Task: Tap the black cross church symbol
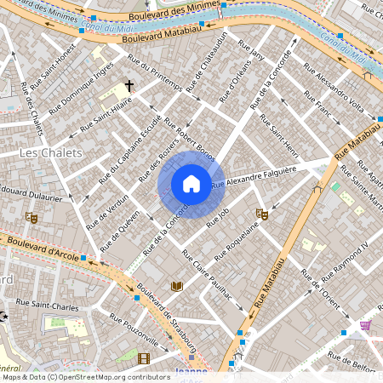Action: click(x=130, y=86)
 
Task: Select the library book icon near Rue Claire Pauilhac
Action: click(x=177, y=286)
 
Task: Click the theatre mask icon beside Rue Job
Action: click(x=261, y=214)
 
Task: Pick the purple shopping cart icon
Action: click(x=365, y=325)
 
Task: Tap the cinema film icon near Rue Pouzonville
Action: click(x=143, y=358)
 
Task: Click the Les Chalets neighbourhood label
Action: click(x=50, y=152)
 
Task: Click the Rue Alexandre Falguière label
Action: click(x=254, y=177)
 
